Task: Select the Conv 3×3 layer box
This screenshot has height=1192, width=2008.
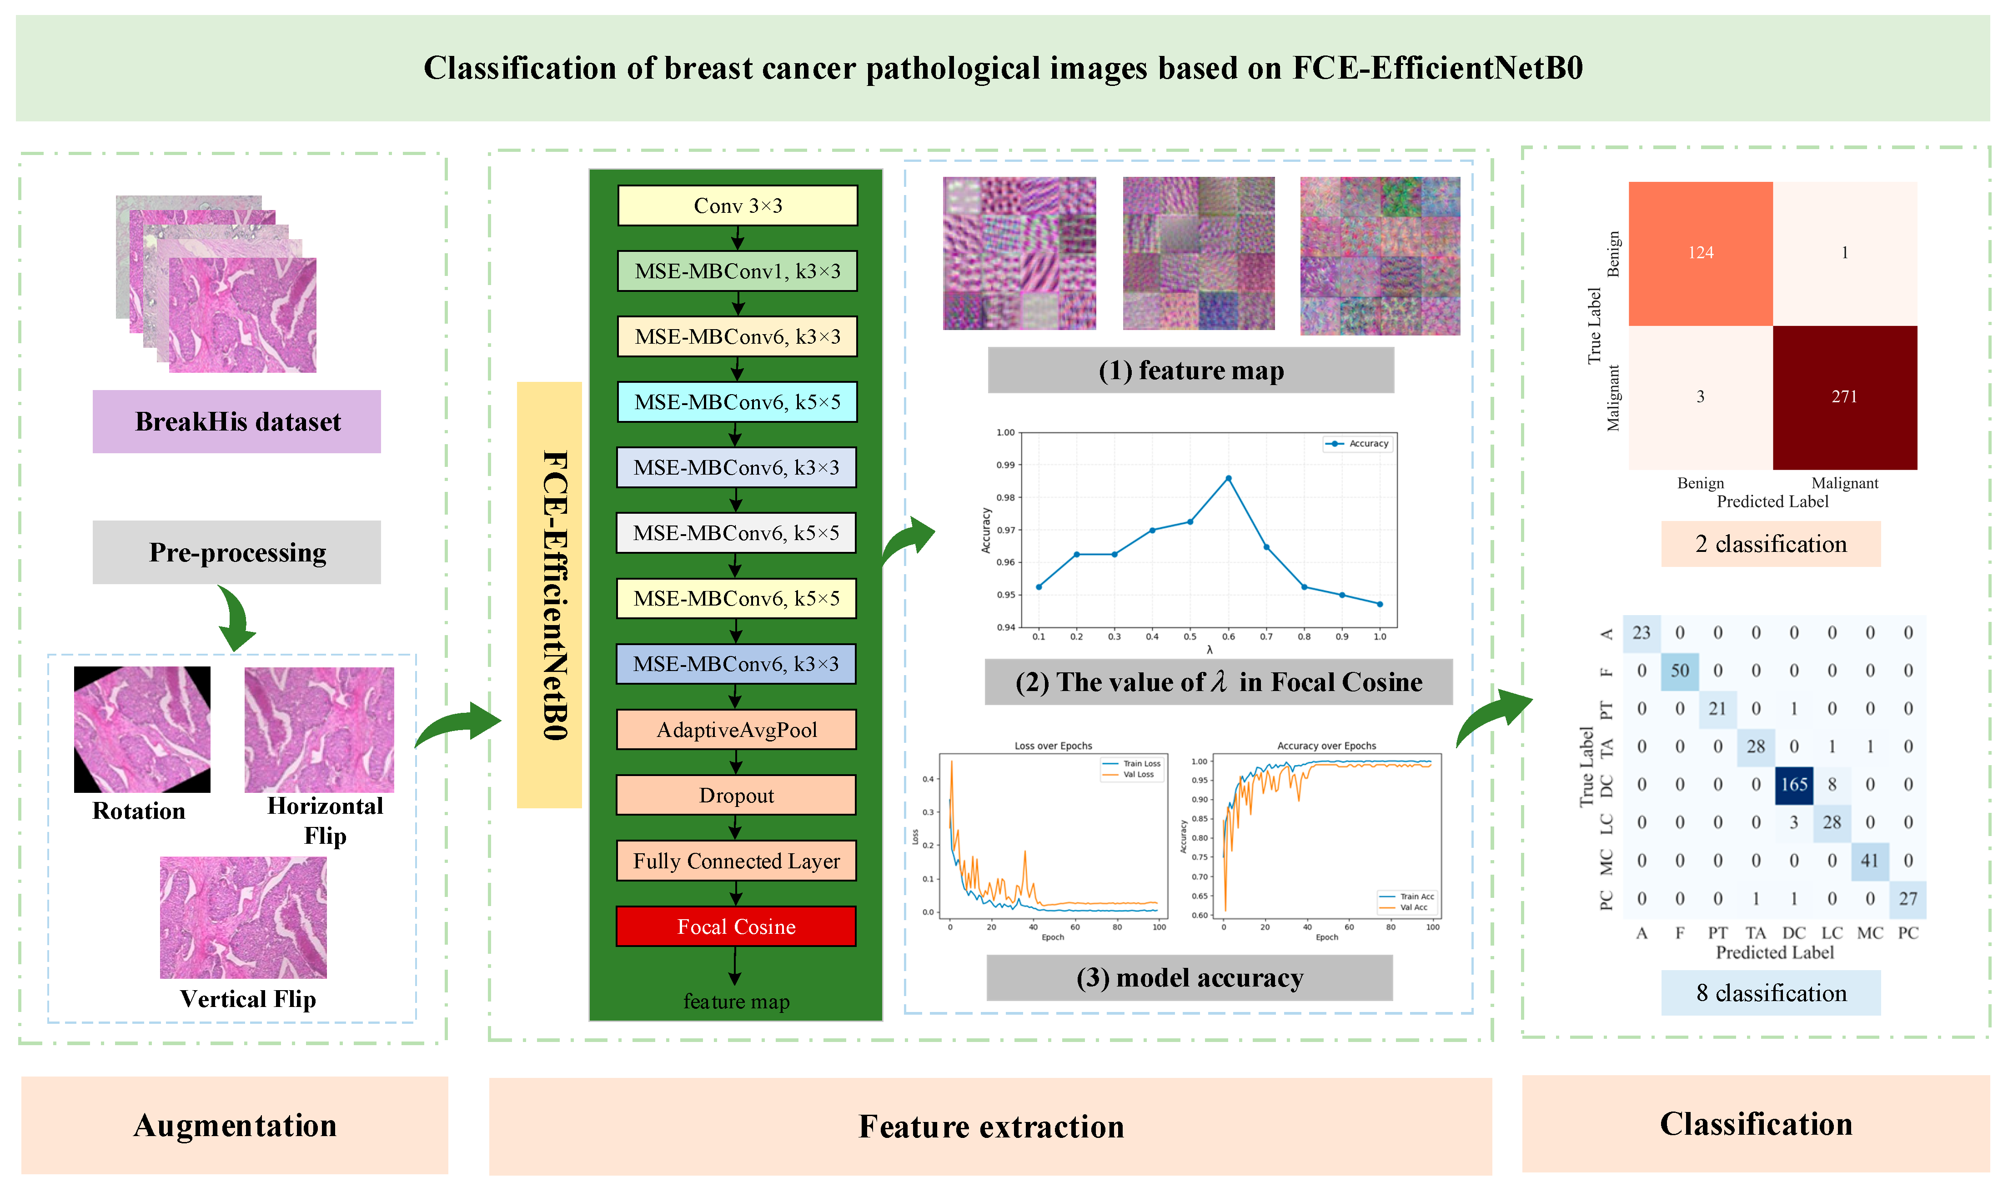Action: coord(738,205)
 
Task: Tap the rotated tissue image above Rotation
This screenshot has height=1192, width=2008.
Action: coord(142,729)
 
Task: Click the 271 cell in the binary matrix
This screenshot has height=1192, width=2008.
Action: coord(1844,397)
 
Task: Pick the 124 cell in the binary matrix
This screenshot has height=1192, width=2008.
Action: coord(1700,253)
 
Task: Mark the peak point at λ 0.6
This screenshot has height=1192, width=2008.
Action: coord(1228,479)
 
